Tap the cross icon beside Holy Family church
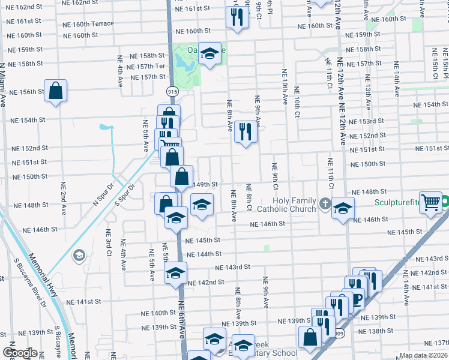click(325, 203)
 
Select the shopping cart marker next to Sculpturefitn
click(430, 203)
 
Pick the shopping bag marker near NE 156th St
click(55, 91)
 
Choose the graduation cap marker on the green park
click(209, 53)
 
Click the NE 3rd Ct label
click(109, 243)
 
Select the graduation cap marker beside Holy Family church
click(343, 208)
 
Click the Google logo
click(20, 352)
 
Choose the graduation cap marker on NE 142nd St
click(175, 273)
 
